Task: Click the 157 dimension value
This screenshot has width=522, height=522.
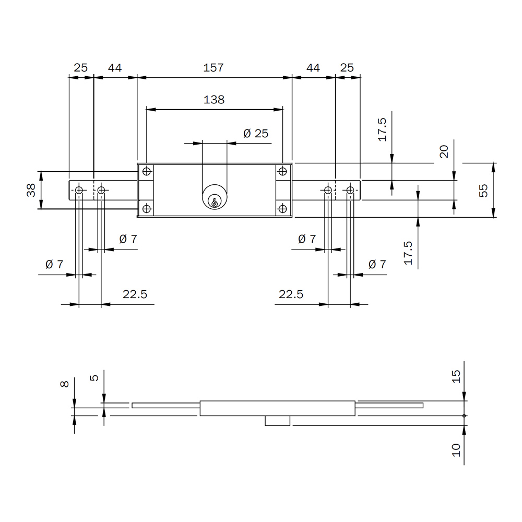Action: (213, 67)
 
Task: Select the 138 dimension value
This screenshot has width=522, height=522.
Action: (213, 100)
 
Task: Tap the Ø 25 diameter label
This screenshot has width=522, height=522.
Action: (256, 134)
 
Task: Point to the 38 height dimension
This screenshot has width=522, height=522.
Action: (31, 190)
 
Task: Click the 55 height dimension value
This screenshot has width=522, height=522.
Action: (483, 191)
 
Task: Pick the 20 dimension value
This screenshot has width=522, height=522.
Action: (444, 151)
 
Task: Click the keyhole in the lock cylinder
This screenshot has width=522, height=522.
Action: (215, 201)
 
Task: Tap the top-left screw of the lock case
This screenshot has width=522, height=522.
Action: (147, 171)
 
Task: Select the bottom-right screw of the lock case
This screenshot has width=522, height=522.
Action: (282, 209)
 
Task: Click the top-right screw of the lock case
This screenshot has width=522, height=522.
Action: (282, 171)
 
